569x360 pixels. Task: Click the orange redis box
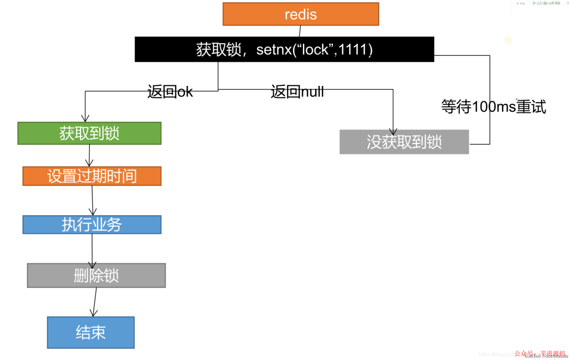tap(300, 14)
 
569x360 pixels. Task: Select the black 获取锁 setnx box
tap(284, 50)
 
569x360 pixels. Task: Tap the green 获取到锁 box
tap(89, 133)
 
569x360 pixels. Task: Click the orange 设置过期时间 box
tap(92, 176)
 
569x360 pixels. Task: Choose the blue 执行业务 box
tap(92, 225)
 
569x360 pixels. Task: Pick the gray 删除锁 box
tap(96, 275)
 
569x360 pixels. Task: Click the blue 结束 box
tap(91, 332)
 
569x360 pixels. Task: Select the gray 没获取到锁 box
tap(404, 142)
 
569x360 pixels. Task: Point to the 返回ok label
tap(170, 92)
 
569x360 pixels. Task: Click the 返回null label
tap(297, 92)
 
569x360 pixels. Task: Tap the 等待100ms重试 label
tap(493, 106)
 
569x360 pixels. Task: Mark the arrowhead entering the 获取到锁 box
tap(84, 119)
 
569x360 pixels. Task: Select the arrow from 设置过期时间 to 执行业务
tap(93, 200)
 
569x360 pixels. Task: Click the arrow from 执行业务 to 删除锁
tap(93, 249)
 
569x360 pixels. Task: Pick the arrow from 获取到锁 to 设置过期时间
tap(90, 155)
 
